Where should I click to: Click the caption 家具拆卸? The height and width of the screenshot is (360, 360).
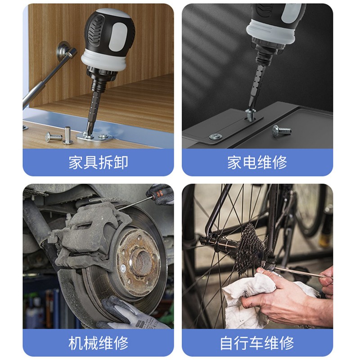[x=98, y=162]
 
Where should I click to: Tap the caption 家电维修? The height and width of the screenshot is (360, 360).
[x=257, y=162]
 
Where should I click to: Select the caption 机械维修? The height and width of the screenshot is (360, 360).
[x=98, y=343]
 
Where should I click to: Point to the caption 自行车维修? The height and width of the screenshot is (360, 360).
[x=257, y=343]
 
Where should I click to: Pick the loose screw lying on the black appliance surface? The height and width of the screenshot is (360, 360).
[x=281, y=130]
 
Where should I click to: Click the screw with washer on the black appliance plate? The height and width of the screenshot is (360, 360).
[x=216, y=137]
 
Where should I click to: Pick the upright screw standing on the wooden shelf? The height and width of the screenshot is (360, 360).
[x=68, y=135]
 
